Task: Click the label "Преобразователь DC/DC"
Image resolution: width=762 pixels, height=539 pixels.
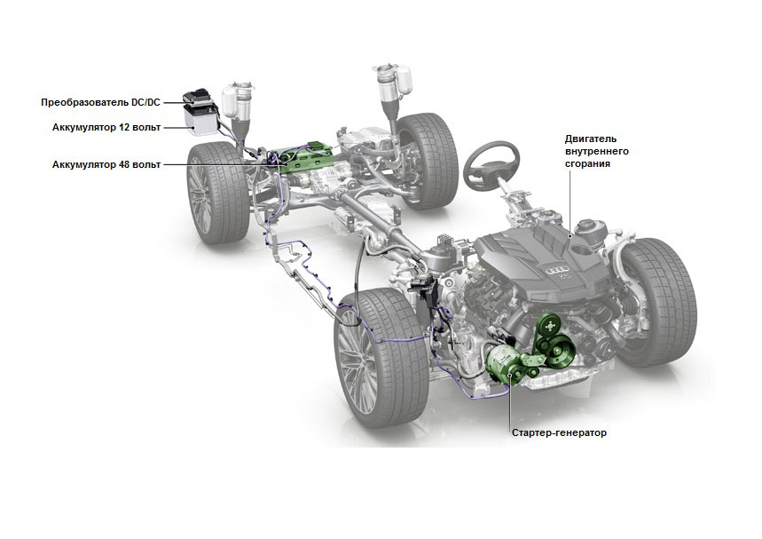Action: pyautogui.click(x=100, y=103)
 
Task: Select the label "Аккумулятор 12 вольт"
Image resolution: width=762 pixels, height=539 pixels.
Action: pyautogui.click(x=106, y=128)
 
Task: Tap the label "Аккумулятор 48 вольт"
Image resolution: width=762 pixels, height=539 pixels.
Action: pyautogui.click(x=106, y=164)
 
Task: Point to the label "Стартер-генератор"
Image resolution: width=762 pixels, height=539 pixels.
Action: pyautogui.click(x=559, y=432)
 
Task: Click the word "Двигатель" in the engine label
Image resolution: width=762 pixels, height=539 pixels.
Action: pyautogui.click(x=591, y=139)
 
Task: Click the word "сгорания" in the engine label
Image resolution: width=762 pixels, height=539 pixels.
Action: pyautogui.click(x=587, y=163)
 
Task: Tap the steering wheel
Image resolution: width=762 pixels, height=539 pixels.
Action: pyautogui.click(x=491, y=165)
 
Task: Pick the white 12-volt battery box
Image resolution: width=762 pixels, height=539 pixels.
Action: pyautogui.click(x=200, y=120)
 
